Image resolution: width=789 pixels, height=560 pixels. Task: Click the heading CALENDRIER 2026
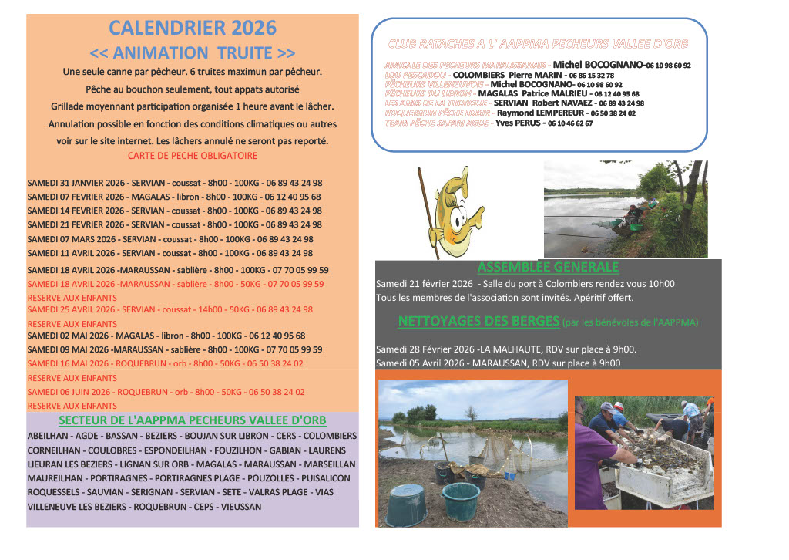point(193,29)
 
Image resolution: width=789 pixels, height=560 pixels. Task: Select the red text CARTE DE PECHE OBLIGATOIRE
point(193,156)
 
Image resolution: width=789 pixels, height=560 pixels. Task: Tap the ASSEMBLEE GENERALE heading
point(548,268)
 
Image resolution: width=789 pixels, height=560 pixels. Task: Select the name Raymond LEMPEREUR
point(532,113)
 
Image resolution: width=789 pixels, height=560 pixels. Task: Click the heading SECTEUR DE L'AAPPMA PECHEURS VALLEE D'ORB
point(193,420)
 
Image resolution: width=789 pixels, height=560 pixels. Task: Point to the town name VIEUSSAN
point(240,507)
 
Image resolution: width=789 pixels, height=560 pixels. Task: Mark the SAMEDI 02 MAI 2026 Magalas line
point(166,336)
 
